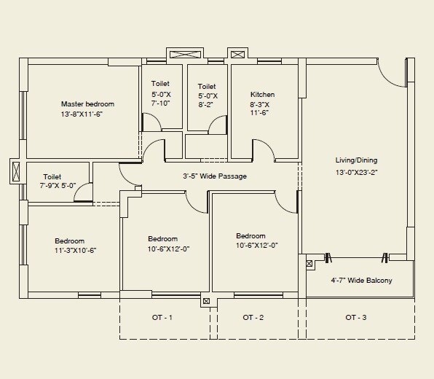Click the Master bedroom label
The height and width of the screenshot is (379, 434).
click(x=87, y=104)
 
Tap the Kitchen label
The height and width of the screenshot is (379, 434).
click(x=262, y=95)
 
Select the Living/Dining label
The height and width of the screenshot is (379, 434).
click(x=356, y=160)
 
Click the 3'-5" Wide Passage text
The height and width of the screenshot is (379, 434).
click(x=214, y=176)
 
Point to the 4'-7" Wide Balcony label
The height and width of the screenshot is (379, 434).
click(x=361, y=280)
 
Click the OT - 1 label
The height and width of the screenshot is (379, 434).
click(x=162, y=317)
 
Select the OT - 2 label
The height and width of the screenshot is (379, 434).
click(x=253, y=317)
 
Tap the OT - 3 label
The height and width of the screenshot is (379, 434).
click(x=356, y=317)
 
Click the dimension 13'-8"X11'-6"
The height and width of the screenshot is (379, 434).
click(x=87, y=114)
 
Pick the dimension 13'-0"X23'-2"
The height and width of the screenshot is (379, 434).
click(x=356, y=173)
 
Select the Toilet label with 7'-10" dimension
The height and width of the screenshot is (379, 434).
click(x=160, y=85)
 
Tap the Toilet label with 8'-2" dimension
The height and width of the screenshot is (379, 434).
click(x=207, y=87)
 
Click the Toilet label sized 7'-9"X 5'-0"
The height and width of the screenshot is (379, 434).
click(x=52, y=177)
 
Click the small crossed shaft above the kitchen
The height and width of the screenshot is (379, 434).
click(x=237, y=54)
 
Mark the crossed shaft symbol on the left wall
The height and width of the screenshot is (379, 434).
click(x=17, y=172)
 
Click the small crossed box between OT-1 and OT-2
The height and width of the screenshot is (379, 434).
click(x=206, y=300)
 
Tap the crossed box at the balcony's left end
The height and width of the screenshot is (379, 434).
click(x=309, y=264)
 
